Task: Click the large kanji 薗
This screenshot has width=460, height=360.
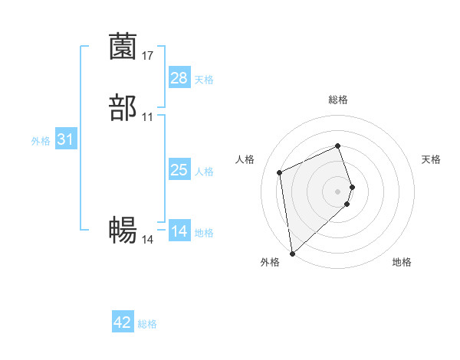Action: coord(123,47)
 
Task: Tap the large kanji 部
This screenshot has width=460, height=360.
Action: coord(123,108)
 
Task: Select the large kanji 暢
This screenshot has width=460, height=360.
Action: coord(123,231)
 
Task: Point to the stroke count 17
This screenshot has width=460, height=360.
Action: coord(148,55)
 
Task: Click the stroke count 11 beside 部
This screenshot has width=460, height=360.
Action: coord(148,116)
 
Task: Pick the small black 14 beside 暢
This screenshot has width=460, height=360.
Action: coord(148,239)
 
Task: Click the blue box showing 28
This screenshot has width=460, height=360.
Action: coord(179,78)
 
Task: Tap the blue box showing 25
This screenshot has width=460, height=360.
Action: coord(179,170)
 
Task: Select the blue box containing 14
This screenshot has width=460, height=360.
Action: coord(179,231)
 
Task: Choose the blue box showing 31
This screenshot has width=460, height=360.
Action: coord(65,139)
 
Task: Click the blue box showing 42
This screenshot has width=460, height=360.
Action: coord(123,323)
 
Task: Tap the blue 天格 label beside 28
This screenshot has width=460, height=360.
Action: coord(204,80)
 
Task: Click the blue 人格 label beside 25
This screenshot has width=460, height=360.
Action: coord(204,172)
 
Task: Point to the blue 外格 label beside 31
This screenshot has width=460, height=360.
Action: coord(41,141)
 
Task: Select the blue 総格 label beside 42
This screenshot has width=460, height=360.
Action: coord(147,325)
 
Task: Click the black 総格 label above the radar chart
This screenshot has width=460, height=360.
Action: coord(338,100)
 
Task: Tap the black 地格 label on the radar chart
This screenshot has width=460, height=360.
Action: coord(402,263)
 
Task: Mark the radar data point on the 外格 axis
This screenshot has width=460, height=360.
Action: coord(292,253)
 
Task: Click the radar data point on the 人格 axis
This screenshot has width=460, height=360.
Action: coord(280,172)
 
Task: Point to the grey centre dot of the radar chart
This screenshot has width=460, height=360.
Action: coord(338,191)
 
